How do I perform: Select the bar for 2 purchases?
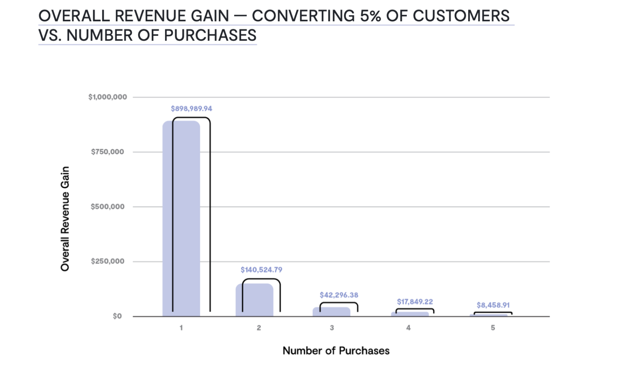(x=255, y=300)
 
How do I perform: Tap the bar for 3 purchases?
(x=331, y=312)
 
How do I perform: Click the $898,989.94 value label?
(x=191, y=109)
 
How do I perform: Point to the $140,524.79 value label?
(x=261, y=270)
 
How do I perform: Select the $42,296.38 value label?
(x=339, y=295)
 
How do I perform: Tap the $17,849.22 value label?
(x=415, y=301)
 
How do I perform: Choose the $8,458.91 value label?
(x=493, y=305)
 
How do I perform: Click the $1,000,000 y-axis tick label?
(x=107, y=97)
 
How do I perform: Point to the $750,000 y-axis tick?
(x=107, y=152)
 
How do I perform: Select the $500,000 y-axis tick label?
(x=107, y=207)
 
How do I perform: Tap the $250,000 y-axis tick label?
(x=107, y=262)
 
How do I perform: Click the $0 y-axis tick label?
(x=117, y=316)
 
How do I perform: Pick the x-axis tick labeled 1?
(x=181, y=328)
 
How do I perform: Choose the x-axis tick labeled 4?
(x=408, y=328)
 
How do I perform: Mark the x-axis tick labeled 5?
(x=493, y=328)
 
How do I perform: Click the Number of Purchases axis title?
(x=336, y=351)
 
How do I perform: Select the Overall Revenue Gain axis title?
(x=65, y=219)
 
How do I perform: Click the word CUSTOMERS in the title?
(x=461, y=16)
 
